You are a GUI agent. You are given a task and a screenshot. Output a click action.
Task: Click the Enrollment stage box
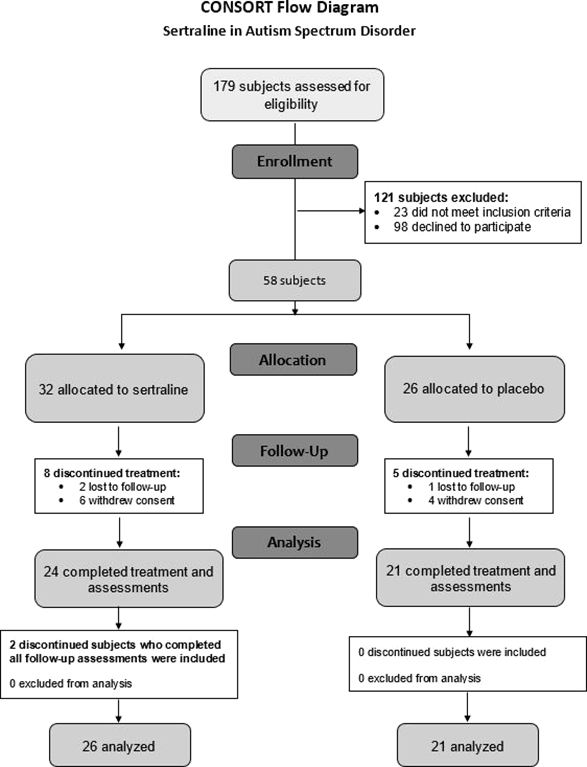pyautogui.click(x=295, y=162)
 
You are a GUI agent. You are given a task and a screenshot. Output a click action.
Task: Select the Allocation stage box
pyautogui.click(x=293, y=360)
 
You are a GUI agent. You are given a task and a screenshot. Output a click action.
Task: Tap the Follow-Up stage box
pyautogui.click(x=295, y=451)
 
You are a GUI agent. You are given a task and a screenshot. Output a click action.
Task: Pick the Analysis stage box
pyautogui.click(x=295, y=542)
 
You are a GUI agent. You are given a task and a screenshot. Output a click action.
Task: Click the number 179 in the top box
pyautogui.click(x=224, y=86)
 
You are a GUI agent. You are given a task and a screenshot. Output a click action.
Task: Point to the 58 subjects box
pyautogui.click(x=295, y=280)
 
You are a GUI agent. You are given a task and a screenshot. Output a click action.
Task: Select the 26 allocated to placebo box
pyautogui.click(x=474, y=389)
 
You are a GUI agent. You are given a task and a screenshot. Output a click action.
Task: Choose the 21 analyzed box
pyautogui.click(x=467, y=746)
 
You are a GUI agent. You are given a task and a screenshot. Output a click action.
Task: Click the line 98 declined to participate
pyautogui.click(x=462, y=227)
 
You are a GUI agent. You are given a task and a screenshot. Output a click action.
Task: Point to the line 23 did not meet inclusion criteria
pyautogui.click(x=482, y=212)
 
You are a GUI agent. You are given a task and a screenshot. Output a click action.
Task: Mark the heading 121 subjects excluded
pyautogui.click(x=441, y=198)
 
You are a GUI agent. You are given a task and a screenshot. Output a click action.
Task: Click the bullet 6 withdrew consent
pyautogui.click(x=127, y=500)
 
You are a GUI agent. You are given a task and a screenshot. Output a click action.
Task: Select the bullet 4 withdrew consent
pyautogui.click(x=475, y=500)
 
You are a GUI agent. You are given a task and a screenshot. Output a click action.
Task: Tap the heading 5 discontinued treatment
pyautogui.click(x=460, y=473)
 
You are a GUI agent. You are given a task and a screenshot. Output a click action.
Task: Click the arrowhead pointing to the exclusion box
pyautogui.click(x=362, y=211)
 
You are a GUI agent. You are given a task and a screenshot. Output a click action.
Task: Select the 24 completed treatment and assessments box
pyautogui.click(x=129, y=579)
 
